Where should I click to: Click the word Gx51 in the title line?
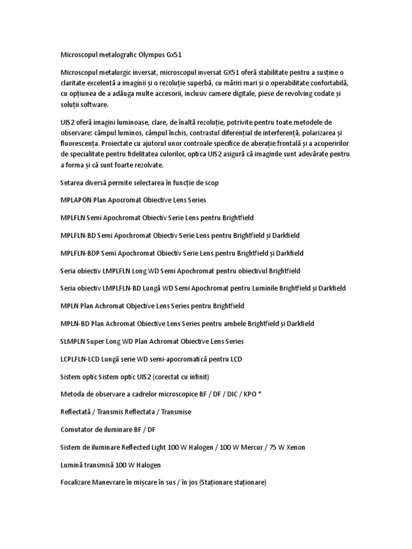[x=178, y=55]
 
